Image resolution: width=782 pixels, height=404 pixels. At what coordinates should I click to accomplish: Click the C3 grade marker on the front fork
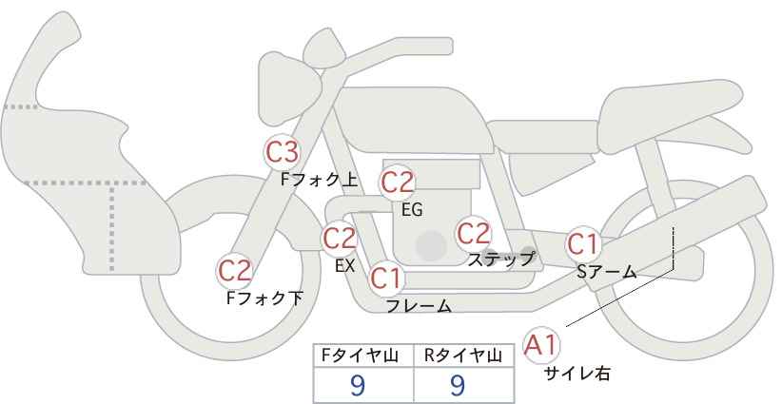tap(282, 152)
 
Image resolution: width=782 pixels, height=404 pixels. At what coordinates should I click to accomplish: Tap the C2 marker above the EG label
tap(397, 183)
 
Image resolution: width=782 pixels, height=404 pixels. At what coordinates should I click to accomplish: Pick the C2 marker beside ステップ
tap(473, 232)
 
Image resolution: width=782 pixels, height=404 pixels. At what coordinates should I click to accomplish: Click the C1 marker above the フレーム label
tap(386, 279)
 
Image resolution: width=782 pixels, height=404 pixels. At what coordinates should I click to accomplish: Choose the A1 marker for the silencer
tap(541, 344)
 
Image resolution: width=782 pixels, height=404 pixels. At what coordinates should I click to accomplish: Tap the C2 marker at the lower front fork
tap(235, 270)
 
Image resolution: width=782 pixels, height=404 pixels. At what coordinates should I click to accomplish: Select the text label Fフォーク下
tap(264, 298)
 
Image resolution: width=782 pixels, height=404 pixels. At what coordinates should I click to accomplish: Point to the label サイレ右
tap(577, 374)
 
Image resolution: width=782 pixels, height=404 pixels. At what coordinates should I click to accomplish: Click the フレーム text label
tap(419, 305)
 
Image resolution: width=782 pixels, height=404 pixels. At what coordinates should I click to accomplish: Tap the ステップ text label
tap(501, 258)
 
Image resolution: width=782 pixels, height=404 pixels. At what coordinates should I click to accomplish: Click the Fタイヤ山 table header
tap(359, 356)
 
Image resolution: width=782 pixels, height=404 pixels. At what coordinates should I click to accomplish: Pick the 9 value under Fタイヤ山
tap(358, 384)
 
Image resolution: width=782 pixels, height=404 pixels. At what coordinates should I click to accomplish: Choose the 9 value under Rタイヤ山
tap(458, 384)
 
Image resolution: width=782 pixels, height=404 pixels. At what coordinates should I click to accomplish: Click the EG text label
tap(411, 210)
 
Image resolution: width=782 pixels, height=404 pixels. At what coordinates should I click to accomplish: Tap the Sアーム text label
tap(606, 272)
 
